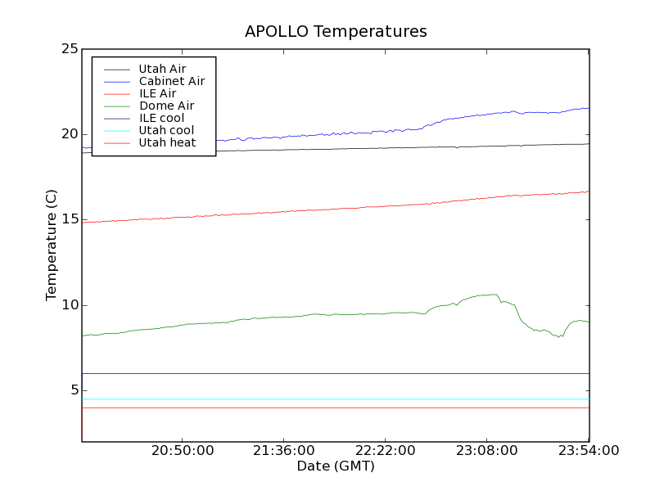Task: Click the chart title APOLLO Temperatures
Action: [336, 32]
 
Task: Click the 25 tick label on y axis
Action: [70, 49]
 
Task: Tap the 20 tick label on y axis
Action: [70, 134]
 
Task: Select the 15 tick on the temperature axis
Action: [70, 219]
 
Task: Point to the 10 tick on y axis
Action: [70, 305]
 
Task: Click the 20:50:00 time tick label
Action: [183, 451]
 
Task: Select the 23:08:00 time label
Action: [487, 451]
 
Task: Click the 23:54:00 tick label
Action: [589, 451]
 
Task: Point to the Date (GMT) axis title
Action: [336, 466]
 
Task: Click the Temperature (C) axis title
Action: [52, 245]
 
